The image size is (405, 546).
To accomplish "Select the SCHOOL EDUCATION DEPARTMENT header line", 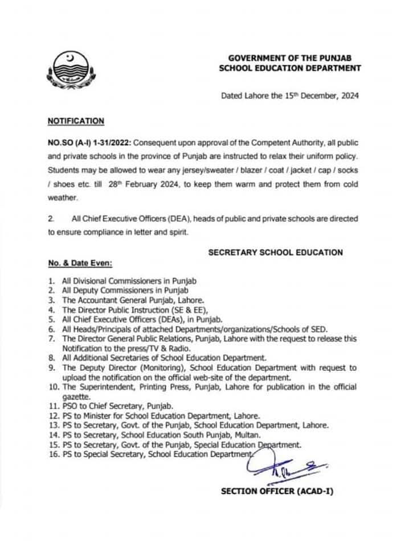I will click(291, 68).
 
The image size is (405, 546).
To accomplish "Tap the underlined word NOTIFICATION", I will click(76, 121).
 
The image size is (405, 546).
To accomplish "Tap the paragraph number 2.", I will click(50, 218).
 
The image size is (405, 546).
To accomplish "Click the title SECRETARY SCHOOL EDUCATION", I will click(276, 252).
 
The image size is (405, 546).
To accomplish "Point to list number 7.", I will click(51, 338).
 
